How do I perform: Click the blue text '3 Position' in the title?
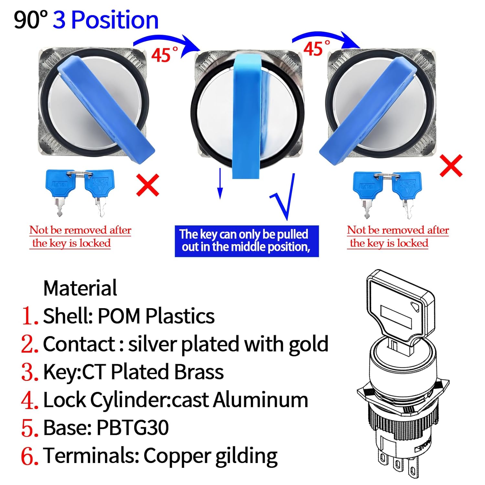click(x=105, y=20)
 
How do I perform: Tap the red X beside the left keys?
click(x=148, y=185)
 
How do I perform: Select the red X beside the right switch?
click(x=451, y=166)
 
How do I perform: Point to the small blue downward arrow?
click(x=220, y=183)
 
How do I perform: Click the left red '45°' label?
click(x=165, y=54)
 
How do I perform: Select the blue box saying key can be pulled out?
click(x=247, y=241)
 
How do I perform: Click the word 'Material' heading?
click(x=80, y=288)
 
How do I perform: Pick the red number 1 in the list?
click(x=30, y=316)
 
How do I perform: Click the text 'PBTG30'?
click(x=133, y=428)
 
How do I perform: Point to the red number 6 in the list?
click(x=30, y=456)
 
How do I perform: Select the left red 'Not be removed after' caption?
click(x=80, y=230)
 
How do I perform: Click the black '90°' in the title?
click(x=31, y=20)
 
